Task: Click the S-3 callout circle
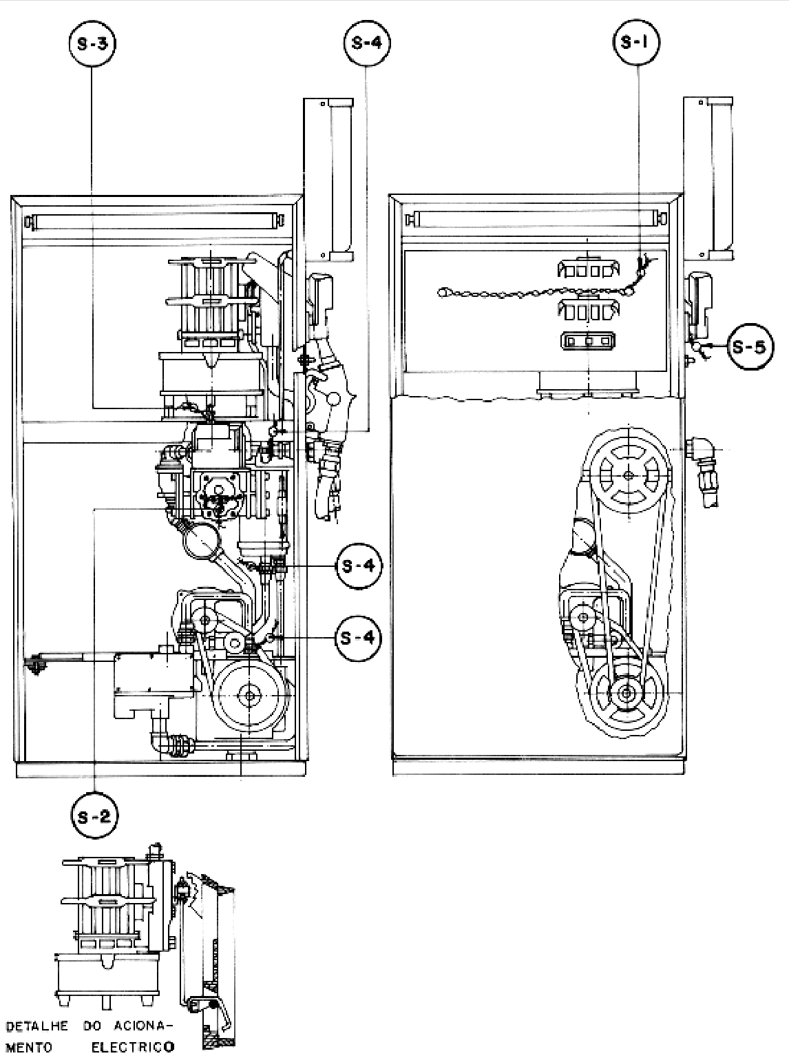click(x=92, y=43)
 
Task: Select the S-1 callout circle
click(x=637, y=43)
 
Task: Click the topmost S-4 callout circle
click(x=367, y=43)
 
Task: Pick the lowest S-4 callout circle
click(x=359, y=638)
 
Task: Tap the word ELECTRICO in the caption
click(x=133, y=1044)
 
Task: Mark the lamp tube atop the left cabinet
click(x=155, y=221)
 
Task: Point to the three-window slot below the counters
click(x=588, y=340)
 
